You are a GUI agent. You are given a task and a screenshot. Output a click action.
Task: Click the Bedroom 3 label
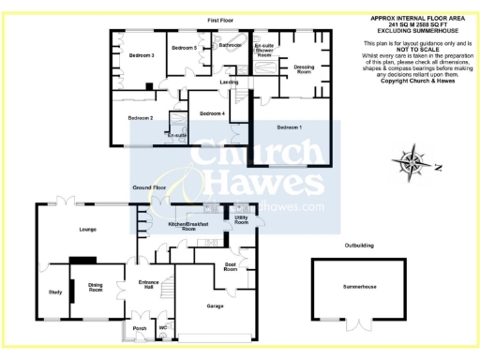click(x=142, y=55)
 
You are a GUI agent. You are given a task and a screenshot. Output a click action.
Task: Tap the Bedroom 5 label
click(x=184, y=47)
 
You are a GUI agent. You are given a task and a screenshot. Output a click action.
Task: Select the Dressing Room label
click(x=304, y=67)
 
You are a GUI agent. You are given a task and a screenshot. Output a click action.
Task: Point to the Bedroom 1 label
click(x=289, y=126)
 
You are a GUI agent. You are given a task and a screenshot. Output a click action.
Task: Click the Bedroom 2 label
click(x=141, y=117)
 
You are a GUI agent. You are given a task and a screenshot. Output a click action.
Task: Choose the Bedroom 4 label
click(x=212, y=113)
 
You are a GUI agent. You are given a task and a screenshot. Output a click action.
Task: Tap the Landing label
click(x=229, y=82)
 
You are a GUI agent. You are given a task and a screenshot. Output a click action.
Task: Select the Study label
click(x=54, y=292)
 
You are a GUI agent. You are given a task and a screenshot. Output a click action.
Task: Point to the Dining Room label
click(x=96, y=289)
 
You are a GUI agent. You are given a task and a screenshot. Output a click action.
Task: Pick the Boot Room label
click(x=231, y=267)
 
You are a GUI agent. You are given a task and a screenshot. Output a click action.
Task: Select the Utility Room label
click(x=241, y=220)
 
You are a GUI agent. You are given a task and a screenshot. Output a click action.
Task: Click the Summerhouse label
click(x=359, y=285)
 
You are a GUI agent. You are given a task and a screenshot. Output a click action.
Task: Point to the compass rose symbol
click(x=412, y=163)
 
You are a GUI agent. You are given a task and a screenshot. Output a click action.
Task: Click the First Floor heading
click(x=220, y=20)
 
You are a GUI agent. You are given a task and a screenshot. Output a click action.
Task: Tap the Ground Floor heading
click(x=148, y=187)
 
